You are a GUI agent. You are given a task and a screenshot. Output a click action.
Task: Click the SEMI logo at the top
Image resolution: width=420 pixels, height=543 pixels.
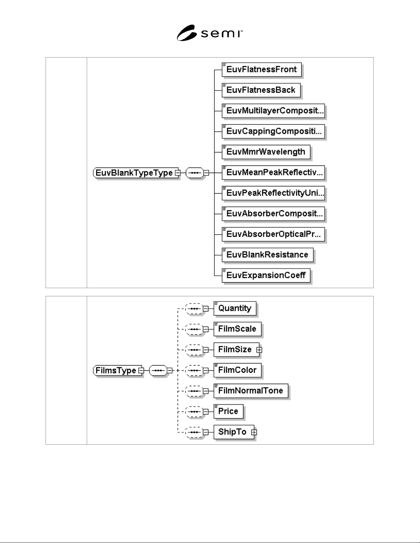[209, 33]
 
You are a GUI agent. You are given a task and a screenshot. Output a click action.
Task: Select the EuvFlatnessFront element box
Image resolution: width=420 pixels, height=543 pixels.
[262, 70]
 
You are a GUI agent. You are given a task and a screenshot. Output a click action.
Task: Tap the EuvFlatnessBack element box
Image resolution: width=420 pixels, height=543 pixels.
[261, 90]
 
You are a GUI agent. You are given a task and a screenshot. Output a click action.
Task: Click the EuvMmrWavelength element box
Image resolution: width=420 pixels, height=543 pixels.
[266, 152]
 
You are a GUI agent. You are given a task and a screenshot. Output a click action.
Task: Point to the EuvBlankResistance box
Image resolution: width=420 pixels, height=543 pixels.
[267, 255]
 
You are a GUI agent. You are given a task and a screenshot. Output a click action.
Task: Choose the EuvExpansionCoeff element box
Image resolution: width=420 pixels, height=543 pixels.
[266, 275]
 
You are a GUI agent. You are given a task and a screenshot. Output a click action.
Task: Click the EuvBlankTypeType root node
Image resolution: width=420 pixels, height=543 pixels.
[135, 173]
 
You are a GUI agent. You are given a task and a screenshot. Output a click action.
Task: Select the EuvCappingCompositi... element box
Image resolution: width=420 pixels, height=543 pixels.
[273, 131]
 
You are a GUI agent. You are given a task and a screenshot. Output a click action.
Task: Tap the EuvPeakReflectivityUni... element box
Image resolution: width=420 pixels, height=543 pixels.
[273, 193]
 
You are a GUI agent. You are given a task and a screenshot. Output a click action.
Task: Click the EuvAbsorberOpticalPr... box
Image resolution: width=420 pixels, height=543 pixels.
[273, 234]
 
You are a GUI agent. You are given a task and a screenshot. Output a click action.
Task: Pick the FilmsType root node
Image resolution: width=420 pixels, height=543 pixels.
[117, 370]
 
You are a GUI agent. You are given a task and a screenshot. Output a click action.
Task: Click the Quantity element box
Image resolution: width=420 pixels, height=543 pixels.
[235, 308]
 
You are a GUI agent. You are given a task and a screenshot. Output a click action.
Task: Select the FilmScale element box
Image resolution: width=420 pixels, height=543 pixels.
[238, 329]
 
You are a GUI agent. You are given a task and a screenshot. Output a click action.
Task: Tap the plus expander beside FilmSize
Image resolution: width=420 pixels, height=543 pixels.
[259, 350]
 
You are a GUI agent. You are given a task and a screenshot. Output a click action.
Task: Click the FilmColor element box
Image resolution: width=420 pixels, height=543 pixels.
[238, 370]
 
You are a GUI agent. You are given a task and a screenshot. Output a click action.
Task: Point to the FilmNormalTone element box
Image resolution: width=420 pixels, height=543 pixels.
[251, 391]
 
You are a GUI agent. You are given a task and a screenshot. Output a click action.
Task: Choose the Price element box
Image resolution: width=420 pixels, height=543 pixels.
[228, 411]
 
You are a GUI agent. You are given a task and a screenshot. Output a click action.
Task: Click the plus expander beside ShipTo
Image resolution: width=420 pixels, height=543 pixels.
[254, 432]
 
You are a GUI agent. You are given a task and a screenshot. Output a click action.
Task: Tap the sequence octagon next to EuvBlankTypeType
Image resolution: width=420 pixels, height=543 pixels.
[195, 173]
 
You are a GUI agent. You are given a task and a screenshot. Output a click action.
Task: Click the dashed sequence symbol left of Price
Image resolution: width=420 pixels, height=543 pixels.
[194, 411]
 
